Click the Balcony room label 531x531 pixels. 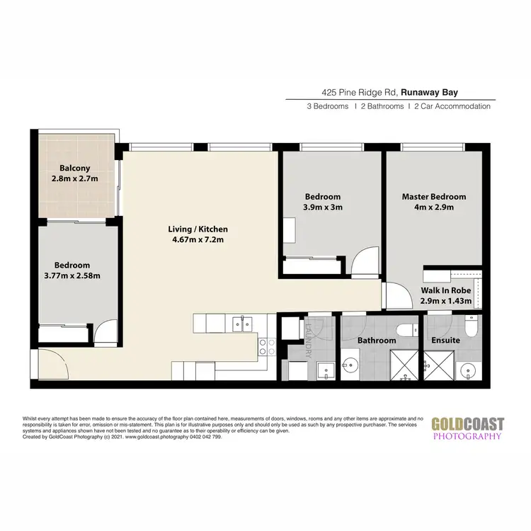coord(74,168)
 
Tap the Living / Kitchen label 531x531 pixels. coord(198,229)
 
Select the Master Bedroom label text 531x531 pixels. coord(434,196)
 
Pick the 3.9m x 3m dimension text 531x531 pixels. coord(323,207)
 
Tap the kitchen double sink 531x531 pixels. coord(241,324)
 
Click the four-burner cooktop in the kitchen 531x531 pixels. coord(267,346)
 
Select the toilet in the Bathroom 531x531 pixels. coord(404,329)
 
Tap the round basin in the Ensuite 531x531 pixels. coord(467,371)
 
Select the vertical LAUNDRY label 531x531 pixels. coord(309,340)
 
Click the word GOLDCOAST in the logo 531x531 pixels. coord(468,424)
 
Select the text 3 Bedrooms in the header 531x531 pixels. coord(327,106)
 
